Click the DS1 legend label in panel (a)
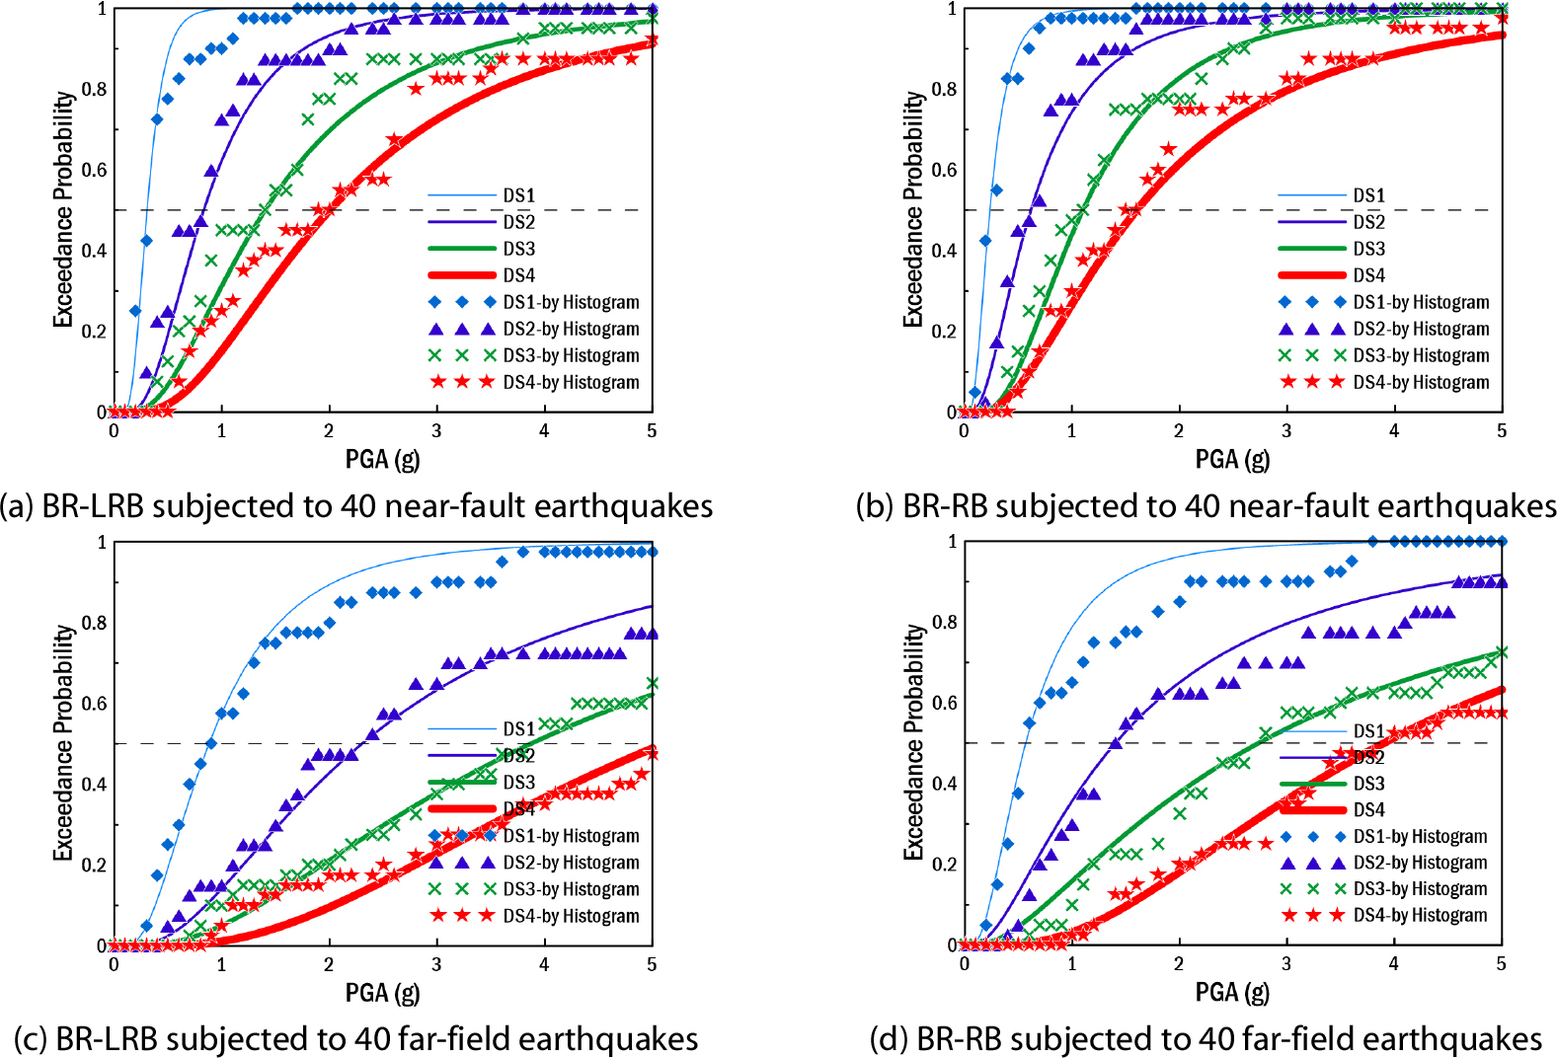tap(518, 195)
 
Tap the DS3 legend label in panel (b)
tap(1368, 249)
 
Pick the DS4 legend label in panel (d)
tap(1368, 810)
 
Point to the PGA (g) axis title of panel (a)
tap(382, 459)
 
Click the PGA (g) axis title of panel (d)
tap(1232, 992)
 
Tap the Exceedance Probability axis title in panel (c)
tap(63, 742)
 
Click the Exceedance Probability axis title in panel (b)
tap(913, 209)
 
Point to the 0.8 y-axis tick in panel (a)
tap(95, 89)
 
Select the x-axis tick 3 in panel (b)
tap(1286, 431)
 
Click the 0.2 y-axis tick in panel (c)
tap(95, 865)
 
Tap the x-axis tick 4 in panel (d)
tap(1394, 964)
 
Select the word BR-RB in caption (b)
tap(945, 506)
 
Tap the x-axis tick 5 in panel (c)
tap(652, 964)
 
